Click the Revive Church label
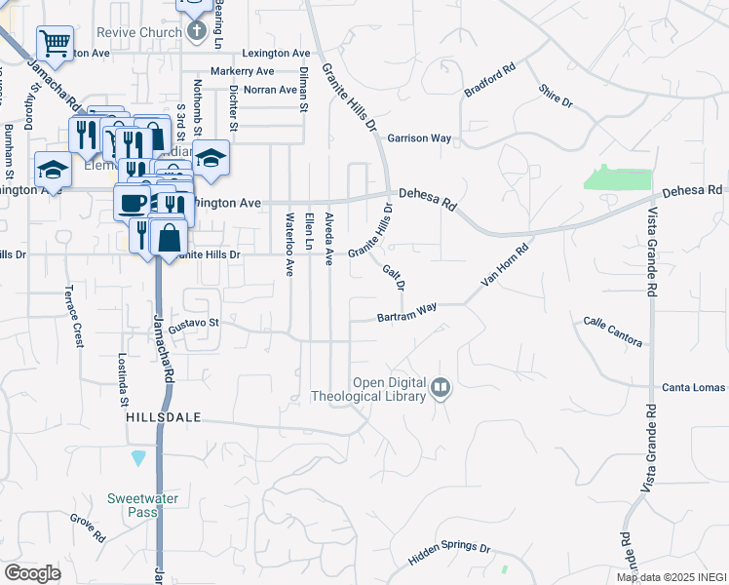(139, 32)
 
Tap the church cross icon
(197, 29)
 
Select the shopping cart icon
(55, 43)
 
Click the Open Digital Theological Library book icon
(441, 388)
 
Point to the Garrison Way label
(419, 138)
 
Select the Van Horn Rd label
(505, 264)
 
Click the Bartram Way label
(407, 314)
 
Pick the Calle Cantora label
(613, 331)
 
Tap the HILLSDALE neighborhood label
(164, 416)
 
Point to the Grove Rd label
(87, 529)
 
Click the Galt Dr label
(393, 278)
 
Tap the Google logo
(32, 572)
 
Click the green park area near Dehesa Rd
(617, 178)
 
